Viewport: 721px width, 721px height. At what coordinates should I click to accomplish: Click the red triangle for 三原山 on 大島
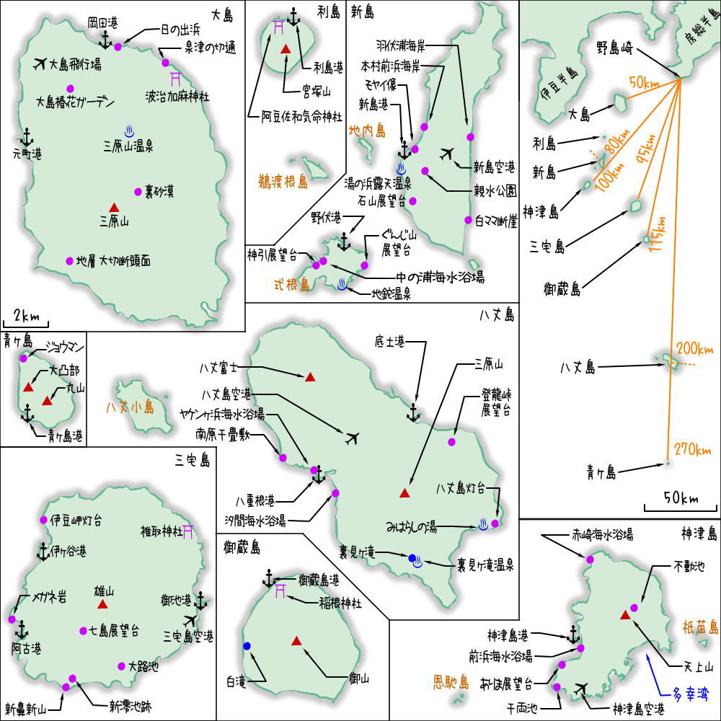click(x=114, y=208)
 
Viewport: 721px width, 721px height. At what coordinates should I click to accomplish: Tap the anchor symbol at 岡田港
click(x=105, y=40)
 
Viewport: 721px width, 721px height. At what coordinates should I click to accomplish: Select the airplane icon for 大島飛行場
click(x=40, y=63)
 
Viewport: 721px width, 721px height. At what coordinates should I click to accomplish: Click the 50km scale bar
click(x=680, y=509)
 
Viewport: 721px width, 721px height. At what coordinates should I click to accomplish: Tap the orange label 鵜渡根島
click(x=283, y=182)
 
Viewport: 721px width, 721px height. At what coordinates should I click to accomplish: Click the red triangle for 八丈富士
click(x=310, y=376)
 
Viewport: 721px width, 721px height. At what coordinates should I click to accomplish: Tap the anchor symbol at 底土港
click(x=413, y=412)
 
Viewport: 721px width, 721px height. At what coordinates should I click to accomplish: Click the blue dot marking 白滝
click(x=247, y=646)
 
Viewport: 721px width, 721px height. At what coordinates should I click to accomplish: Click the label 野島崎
click(x=615, y=48)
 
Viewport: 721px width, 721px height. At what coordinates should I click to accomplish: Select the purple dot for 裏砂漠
click(x=138, y=192)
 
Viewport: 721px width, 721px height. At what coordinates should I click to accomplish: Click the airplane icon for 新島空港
click(x=446, y=154)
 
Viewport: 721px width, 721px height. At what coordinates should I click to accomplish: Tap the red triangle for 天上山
click(x=625, y=615)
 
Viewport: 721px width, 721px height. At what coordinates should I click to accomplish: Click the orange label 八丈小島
click(x=130, y=407)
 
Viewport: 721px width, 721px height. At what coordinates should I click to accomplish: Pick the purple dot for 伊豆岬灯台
click(x=43, y=519)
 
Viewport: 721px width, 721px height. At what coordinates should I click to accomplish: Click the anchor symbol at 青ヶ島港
click(x=27, y=413)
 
